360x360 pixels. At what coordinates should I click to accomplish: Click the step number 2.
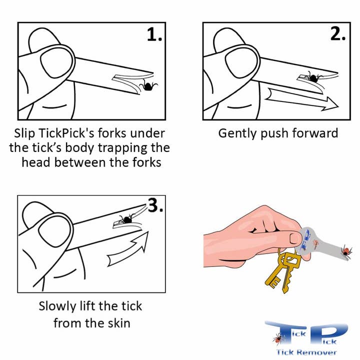tap(337, 33)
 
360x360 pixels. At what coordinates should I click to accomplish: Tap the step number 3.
tap(155, 205)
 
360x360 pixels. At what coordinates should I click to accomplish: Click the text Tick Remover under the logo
tap(307, 352)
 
